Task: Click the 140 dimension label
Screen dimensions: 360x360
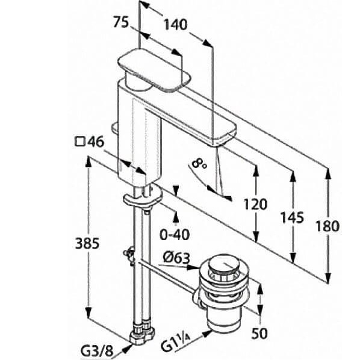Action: (x=175, y=25)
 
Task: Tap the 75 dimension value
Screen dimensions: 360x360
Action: (x=121, y=22)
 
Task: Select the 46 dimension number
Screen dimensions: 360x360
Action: (x=96, y=141)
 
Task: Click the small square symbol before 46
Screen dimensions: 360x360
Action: (x=80, y=142)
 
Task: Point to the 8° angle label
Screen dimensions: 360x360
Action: (x=199, y=164)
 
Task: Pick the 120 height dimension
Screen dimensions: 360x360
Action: (x=255, y=204)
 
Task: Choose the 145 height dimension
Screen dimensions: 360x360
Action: (x=293, y=218)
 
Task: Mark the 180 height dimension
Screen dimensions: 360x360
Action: (x=327, y=226)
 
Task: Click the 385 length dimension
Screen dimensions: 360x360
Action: (x=87, y=244)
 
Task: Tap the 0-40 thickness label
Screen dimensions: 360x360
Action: (x=175, y=235)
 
